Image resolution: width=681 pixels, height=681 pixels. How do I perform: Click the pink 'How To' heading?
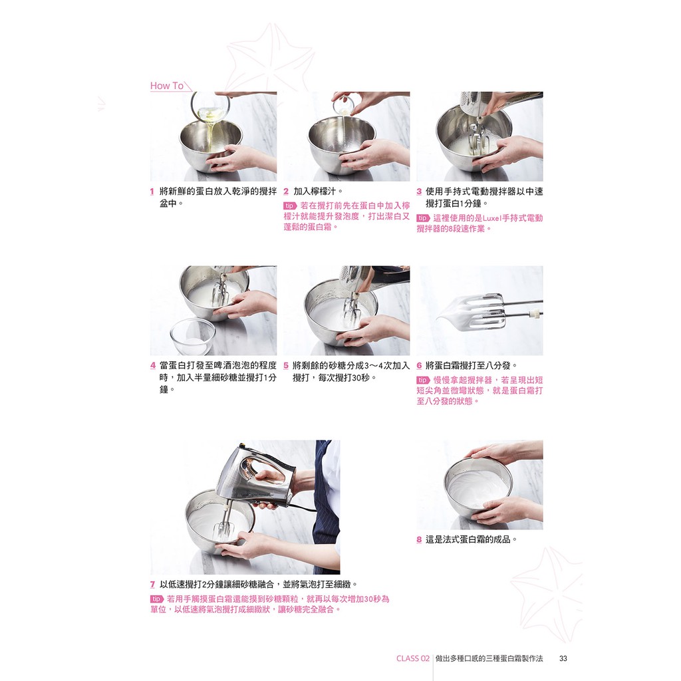click(167, 86)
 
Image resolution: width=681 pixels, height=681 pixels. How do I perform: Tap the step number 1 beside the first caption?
click(152, 192)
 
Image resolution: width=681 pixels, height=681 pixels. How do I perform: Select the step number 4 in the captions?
click(152, 366)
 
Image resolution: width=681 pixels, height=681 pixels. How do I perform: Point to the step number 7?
click(152, 585)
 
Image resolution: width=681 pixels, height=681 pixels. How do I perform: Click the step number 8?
click(419, 540)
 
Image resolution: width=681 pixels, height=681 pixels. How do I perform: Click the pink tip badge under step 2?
click(290, 206)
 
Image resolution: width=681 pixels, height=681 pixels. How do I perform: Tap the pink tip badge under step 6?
click(423, 380)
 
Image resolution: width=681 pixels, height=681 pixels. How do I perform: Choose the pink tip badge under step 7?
click(157, 599)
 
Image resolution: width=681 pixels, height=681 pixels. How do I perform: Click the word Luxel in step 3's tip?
click(492, 218)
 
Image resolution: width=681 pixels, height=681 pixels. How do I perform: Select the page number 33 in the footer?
click(563, 658)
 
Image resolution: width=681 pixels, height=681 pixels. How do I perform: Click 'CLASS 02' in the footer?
click(412, 658)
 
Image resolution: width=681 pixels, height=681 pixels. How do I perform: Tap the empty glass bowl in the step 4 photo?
click(193, 336)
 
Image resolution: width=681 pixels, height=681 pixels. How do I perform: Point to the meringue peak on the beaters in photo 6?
click(463, 311)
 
